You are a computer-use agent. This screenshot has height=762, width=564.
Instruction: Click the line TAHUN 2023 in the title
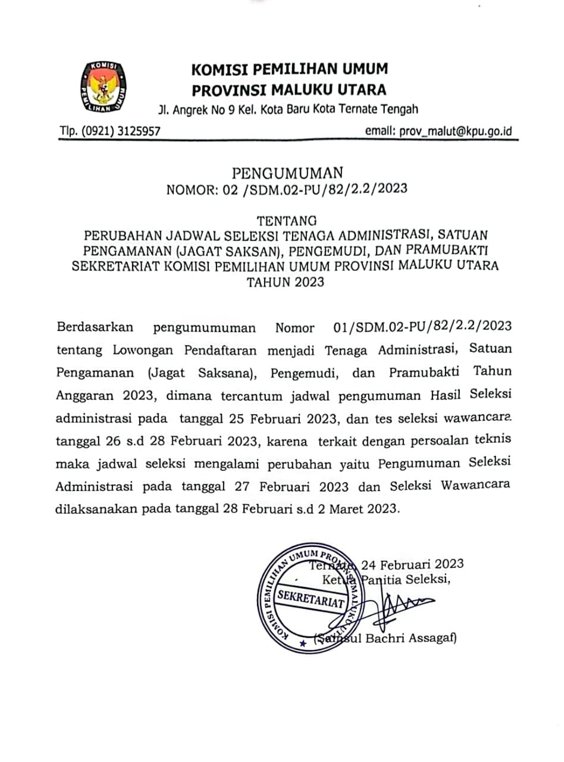point(286,282)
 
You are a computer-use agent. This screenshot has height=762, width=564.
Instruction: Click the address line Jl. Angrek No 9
point(288,109)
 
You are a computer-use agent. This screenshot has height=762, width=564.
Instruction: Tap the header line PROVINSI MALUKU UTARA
point(289,90)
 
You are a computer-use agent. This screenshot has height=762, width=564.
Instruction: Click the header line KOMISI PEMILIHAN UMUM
point(289,69)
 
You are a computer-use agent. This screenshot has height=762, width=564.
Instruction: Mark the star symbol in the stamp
point(302,643)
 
